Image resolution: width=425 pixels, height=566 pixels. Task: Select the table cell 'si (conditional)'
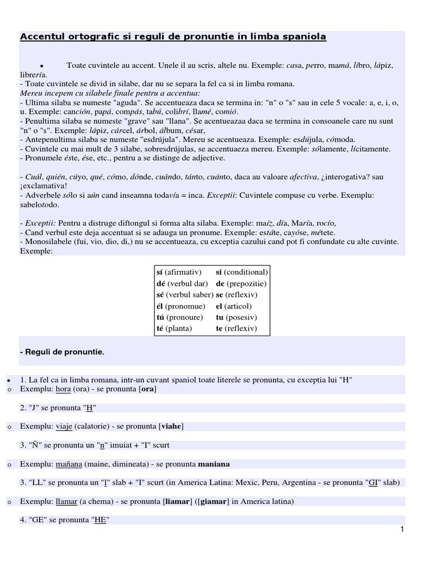point(242,272)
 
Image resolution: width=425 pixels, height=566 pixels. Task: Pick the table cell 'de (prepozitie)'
point(241,284)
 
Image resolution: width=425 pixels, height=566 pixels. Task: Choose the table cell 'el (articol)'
point(234,306)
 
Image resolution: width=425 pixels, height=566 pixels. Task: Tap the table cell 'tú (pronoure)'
point(179,317)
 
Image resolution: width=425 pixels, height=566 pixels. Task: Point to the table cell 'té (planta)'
point(174,328)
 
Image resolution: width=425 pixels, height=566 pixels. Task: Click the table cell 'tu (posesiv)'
point(235,317)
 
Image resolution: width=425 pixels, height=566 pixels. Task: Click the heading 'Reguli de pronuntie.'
point(62,352)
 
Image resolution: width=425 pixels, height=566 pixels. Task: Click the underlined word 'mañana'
point(69,464)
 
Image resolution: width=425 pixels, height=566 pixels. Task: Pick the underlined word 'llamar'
point(67,501)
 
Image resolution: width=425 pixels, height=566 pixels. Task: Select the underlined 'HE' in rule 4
point(100,520)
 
